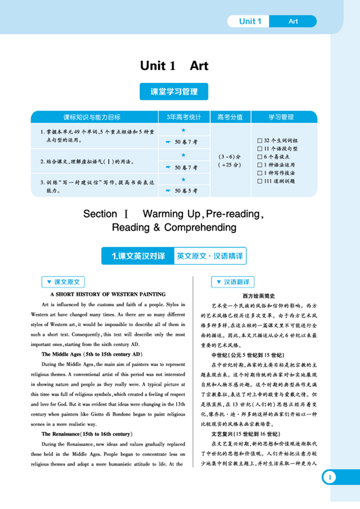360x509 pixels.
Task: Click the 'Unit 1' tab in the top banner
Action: point(250,21)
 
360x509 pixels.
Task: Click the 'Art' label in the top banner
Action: point(293,21)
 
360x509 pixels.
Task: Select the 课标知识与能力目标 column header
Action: point(95,117)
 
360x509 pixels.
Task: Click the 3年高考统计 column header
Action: point(184,117)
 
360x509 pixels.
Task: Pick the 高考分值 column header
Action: point(230,117)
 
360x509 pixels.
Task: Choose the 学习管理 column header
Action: point(284,117)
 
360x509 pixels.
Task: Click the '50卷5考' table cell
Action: point(184,191)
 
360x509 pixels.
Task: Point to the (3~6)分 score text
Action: point(230,157)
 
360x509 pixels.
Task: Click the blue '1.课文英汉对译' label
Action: point(138,256)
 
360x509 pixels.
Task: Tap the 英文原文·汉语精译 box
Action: point(210,256)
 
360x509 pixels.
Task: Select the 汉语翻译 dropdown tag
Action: point(233,282)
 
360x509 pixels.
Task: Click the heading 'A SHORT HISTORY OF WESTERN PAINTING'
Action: point(108,294)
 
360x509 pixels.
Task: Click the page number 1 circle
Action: point(329,477)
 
